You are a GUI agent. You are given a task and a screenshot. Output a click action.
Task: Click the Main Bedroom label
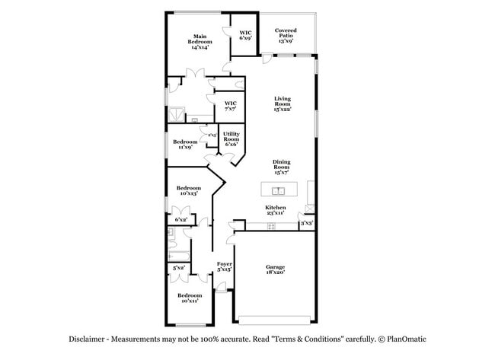[x=200, y=42]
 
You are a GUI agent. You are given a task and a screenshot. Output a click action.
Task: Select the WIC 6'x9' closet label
[x=245, y=34]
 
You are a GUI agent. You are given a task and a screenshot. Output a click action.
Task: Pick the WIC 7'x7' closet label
[x=230, y=106]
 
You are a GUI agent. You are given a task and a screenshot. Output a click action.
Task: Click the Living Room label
[x=283, y=104]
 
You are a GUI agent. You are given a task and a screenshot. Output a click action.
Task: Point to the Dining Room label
[x=282, y=167]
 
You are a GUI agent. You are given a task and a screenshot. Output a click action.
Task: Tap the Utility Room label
[x=231, y=137]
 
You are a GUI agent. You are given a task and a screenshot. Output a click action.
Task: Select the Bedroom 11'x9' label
[x=184, y=145]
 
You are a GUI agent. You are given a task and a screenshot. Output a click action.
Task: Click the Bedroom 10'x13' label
[x=188, y=191]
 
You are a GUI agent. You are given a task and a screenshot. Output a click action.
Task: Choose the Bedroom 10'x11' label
[x=190, y=298]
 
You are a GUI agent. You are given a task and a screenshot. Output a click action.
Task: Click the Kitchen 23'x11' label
[x=275, y=210]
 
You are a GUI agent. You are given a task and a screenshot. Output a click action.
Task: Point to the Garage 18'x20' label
[x=275, y=270]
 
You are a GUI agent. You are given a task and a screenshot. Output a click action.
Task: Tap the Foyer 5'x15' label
[x=224, y=267]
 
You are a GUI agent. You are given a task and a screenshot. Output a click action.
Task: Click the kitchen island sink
[x=279, y=191]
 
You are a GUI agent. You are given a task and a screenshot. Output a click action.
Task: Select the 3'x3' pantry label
[x=306, y=224]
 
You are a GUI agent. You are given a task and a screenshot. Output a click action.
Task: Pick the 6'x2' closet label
[x=181, y=220]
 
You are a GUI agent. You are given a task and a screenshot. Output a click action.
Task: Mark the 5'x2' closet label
[x=179, y=268]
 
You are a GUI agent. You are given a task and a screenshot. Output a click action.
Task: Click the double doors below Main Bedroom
[x=199, y=75]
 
